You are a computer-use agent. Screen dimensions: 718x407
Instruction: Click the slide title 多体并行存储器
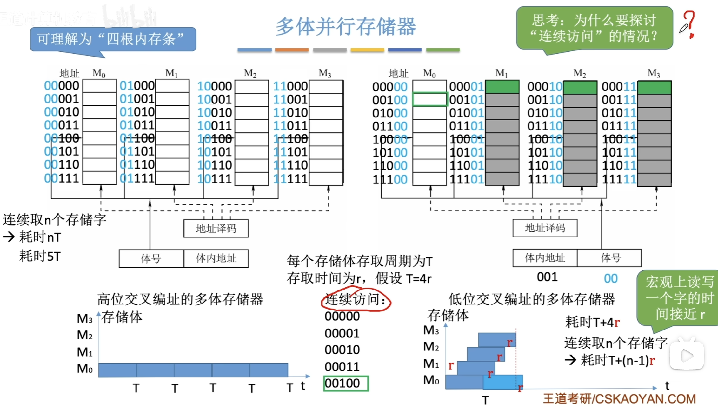click(346, 26)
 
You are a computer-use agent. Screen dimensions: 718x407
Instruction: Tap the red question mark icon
click(689, 24)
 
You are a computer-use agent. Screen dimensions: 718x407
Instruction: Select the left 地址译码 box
click(216, 228)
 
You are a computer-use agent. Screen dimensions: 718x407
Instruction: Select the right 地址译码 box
click(545, 228)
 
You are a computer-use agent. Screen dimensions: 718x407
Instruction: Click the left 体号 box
click(151, 258)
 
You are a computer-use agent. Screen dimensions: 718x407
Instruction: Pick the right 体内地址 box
click(545, 258)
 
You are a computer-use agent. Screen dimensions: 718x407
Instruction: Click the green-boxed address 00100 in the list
click(346, 383)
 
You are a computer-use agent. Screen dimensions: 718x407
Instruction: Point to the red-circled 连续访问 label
click(356, 299)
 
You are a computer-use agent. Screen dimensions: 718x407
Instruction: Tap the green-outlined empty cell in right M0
click(429, 99)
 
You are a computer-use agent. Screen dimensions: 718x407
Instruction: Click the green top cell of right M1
click(502, 87)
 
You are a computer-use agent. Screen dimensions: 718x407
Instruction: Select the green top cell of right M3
click(654, 87)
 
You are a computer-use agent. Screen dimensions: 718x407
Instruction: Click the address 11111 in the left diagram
click(290, 179)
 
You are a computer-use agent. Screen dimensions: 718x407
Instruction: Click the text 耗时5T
click(40, 256)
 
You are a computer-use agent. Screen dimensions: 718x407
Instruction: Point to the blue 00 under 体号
click(610, 278)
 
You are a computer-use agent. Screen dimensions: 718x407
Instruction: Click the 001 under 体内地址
click(547, 277)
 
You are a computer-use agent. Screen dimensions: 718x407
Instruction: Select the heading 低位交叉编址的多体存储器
click(531, 299)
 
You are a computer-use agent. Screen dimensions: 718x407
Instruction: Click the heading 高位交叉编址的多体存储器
click(180, 299)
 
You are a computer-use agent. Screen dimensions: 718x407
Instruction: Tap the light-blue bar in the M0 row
click(502, 382)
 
